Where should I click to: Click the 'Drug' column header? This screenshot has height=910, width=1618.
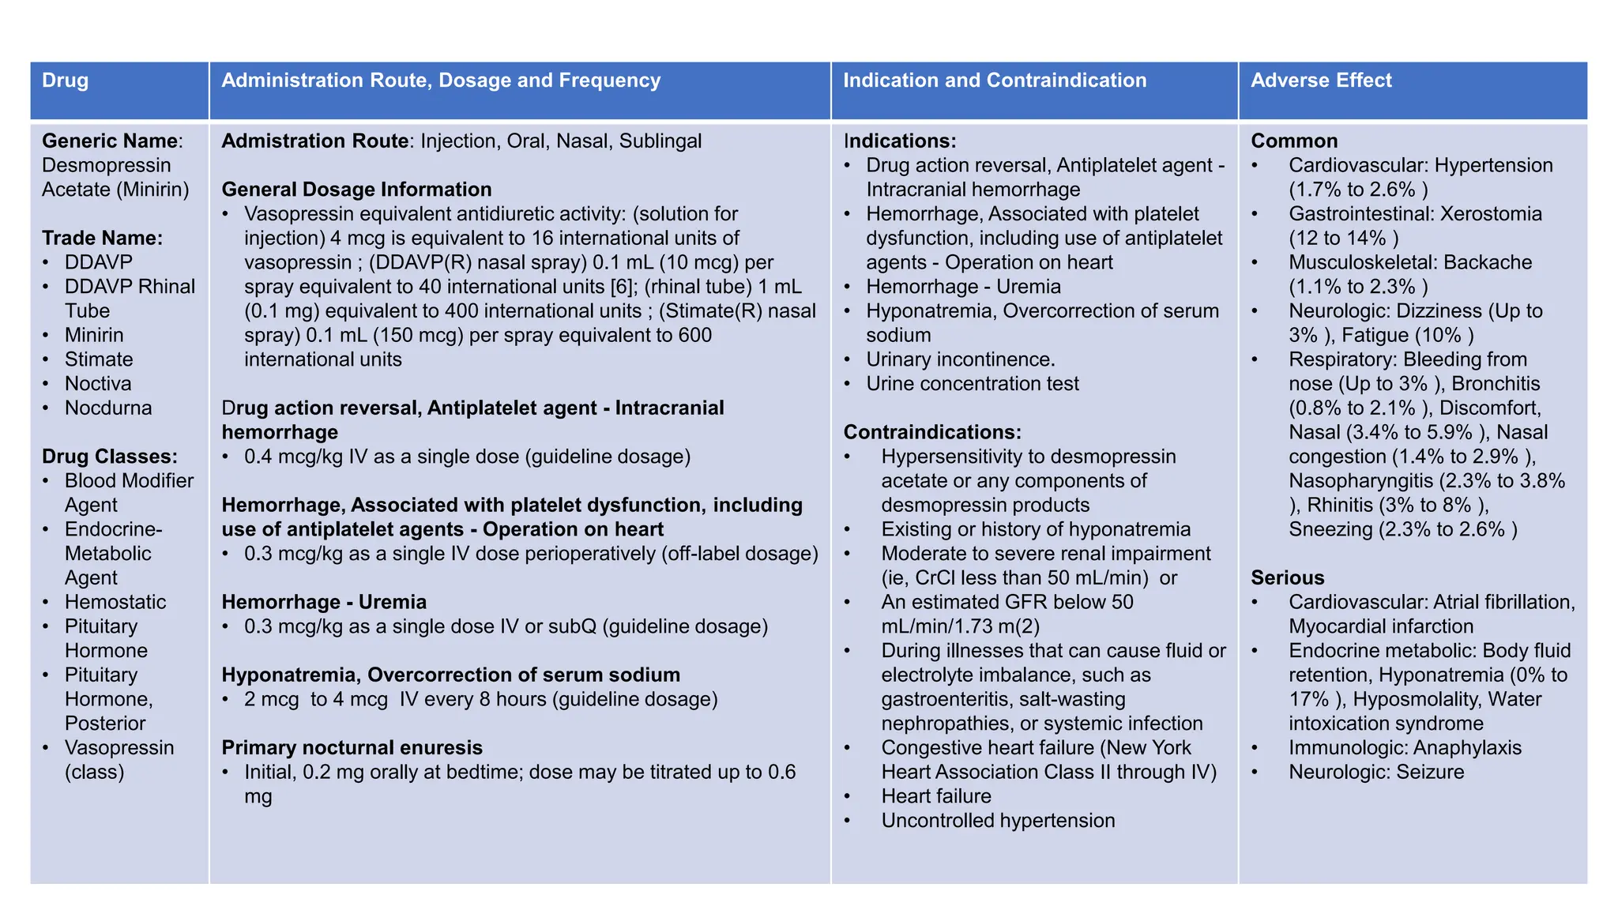pos(65,81)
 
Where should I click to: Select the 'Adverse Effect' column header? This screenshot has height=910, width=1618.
pos(1321,81)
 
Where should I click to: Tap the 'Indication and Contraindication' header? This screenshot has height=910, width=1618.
pos(995,81)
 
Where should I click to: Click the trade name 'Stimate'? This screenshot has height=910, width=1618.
pos(99,359)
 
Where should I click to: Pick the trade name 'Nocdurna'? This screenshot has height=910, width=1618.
pos(108,408)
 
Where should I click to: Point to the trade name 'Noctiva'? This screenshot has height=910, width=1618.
pos(98,384)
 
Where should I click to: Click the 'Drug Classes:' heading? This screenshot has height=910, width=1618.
pos(110,457)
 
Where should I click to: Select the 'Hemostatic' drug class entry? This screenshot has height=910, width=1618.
pos(115,602)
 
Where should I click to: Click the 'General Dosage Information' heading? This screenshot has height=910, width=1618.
pos(356,190)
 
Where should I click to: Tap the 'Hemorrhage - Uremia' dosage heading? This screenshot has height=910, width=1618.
pos(324,602)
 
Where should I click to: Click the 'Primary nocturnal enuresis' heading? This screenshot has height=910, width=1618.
pos(352,747)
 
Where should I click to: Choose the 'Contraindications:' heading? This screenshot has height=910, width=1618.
pos(932,432)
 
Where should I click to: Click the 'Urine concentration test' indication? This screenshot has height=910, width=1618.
pos(972,384)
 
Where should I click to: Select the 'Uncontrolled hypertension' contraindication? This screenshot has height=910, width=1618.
pos(998,821)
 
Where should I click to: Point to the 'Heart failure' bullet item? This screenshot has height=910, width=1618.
pos(936,796)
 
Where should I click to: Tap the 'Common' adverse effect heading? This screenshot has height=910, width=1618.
pos(1294,141)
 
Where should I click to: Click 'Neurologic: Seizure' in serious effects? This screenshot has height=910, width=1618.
pos(1376,772)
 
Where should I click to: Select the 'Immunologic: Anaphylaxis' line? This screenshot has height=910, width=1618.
pos(1405,747)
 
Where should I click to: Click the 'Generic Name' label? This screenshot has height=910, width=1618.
pos(110,141)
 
